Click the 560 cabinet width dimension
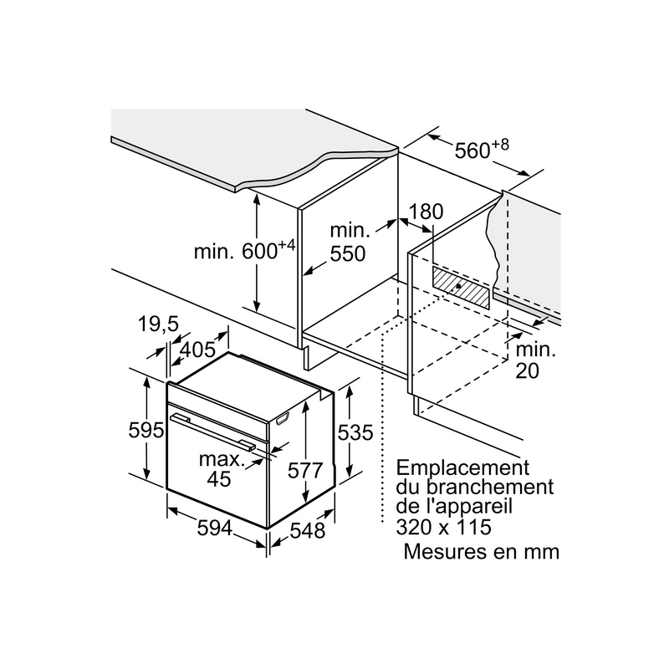(x=482, y=149)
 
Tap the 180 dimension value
(x=426, y=212)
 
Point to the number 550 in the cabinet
(x=348, y=253)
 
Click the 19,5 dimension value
(x=158, y=324)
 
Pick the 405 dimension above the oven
(x=197, y=350)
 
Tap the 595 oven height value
(x=146, y=430)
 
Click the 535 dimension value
(x=355, y=432)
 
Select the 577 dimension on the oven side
(x=304, y=471)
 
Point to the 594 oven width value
(x=215, y=529)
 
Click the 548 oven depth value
(x=307, y=531)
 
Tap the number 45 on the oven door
(x=219, y=478)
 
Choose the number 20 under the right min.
(x=528, y=370)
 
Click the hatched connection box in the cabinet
(x=462, y=287)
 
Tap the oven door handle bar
(x=212, y=432)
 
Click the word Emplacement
(x=462, y=468)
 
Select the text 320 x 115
(x=444, y=527)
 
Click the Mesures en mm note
(x=482, y=551)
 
